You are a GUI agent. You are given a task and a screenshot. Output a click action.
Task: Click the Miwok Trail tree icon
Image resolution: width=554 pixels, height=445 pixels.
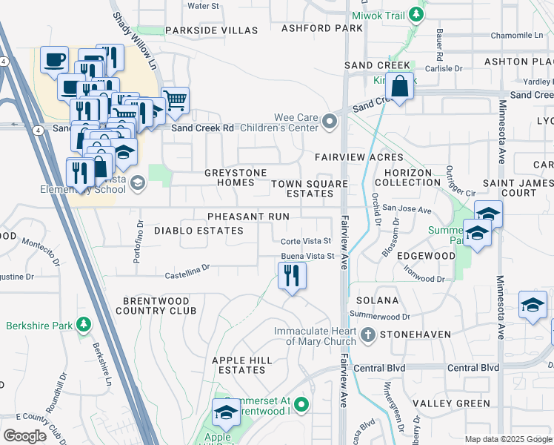click(x=417, y=13)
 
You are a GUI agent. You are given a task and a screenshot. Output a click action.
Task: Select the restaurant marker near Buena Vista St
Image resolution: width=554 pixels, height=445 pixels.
click(x=292, y=277)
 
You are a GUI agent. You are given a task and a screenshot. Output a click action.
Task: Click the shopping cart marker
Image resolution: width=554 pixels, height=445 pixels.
click(x=174, y=100)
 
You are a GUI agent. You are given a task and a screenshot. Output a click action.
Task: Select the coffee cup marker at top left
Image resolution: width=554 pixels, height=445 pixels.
click(x=54, y=60)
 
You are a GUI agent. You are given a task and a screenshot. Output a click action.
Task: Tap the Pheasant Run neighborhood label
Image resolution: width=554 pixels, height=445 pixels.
click(x=248, y=216)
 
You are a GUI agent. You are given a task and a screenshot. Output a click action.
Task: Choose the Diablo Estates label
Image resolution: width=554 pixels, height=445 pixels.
click(x=198, y=231)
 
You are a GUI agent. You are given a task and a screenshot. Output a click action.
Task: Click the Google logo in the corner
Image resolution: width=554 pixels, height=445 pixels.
click(x=24, y=436)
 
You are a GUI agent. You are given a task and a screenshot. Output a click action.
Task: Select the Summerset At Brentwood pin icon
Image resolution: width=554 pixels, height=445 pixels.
click(x=301, y=404)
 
